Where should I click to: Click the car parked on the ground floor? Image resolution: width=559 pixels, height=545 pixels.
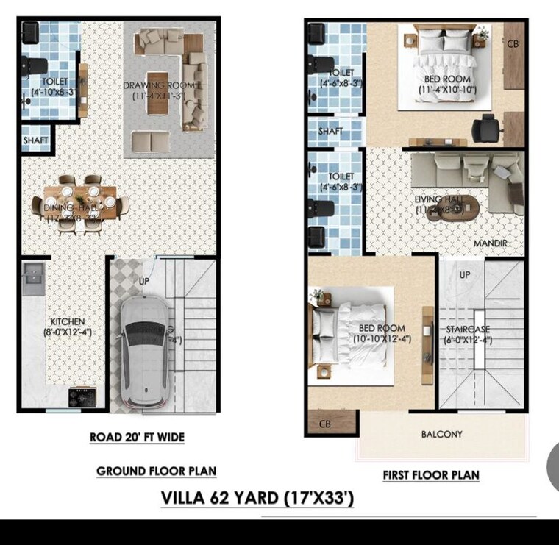144,352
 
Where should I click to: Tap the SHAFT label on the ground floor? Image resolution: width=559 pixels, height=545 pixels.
35,140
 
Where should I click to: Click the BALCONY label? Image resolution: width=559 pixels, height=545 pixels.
441,434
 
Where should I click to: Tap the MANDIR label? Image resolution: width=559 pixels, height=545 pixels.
490,243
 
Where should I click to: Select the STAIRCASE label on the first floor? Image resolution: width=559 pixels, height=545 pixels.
469,329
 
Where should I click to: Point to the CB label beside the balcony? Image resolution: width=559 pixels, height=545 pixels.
324,424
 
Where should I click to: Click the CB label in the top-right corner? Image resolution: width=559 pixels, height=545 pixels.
513,43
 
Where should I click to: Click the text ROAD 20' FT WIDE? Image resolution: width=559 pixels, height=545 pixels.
137,437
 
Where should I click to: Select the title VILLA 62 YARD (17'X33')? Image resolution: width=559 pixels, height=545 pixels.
257,498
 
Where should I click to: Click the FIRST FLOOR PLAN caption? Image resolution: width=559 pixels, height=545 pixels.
430,475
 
